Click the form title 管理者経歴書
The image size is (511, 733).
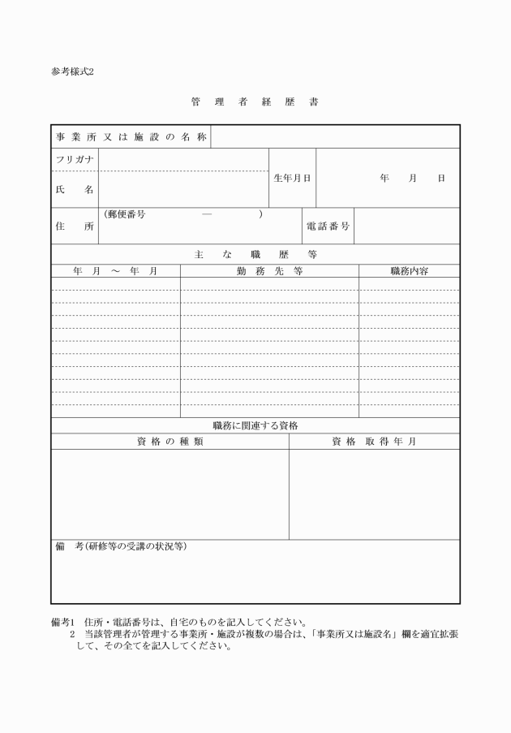(255, 103)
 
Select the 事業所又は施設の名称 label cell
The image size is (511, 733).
(131, 137)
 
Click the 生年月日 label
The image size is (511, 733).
(292, 178)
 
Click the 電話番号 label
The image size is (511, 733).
(328, 226)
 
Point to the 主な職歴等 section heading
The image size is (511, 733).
(255, 254)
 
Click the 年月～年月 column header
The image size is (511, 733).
(115, 271)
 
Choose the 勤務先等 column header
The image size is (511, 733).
(269, 271)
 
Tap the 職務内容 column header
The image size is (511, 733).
(409, 271)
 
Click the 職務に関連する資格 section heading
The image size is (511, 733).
(255, 425)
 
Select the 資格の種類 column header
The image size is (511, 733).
(170, 442)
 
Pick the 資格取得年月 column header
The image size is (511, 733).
(374, 442)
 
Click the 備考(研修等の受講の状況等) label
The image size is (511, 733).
(121, 547)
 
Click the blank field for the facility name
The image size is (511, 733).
(335, 137)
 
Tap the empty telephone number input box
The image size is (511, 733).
(406, 226)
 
